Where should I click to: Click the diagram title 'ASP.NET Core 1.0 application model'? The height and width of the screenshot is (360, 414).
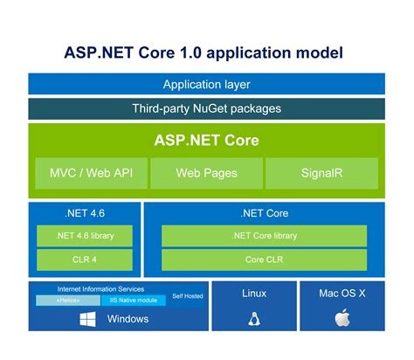[206, 52]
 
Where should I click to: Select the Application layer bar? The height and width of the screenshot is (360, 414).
[206, 84]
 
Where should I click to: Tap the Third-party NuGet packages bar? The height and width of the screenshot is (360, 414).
[206, 109]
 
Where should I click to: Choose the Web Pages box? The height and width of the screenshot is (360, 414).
[206, 173]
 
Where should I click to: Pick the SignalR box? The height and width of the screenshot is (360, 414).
[321, 173]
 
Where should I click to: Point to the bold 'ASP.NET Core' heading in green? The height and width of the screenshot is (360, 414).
[206, 140]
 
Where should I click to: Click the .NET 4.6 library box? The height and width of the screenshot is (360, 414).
[85, 236]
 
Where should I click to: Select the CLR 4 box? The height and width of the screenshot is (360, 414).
[85, 260]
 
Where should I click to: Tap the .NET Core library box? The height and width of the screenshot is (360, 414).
[264, 236]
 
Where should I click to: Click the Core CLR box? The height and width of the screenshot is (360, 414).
[264, 260]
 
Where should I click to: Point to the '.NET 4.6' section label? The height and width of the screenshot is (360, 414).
[85, 213]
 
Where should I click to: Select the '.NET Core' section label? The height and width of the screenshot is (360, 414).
[264, 213]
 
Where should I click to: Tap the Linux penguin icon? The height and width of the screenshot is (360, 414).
[253, 318]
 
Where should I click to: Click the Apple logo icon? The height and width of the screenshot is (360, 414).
[342, 318]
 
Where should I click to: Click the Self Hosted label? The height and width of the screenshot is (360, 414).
[187, 296]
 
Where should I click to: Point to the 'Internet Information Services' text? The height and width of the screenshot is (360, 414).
[100, 288]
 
